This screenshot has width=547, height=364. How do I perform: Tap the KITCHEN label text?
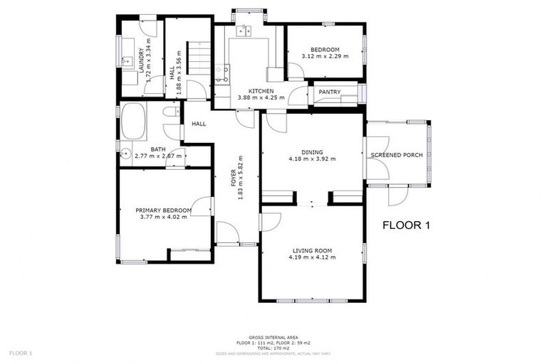pos(261,91)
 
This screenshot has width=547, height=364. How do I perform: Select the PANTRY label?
pos(329,92)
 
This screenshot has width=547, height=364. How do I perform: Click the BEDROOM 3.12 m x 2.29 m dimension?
pos(325,56)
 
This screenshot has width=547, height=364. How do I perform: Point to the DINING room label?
pos(312,151)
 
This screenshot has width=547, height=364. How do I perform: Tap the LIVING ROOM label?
pos(312,250)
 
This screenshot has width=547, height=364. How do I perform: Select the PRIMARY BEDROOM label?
pos(164,210)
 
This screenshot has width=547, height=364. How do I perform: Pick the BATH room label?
pos(157,149)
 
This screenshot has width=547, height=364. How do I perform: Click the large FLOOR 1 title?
pos(407,226)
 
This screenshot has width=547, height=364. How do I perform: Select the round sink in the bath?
pos(126,152)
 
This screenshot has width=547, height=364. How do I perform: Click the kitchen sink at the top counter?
pos(244,30)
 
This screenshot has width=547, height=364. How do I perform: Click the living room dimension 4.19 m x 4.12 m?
pos(312,257)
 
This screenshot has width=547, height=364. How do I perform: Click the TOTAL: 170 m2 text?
pos(273,348)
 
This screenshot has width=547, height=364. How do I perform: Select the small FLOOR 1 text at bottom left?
pos(21,353)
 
